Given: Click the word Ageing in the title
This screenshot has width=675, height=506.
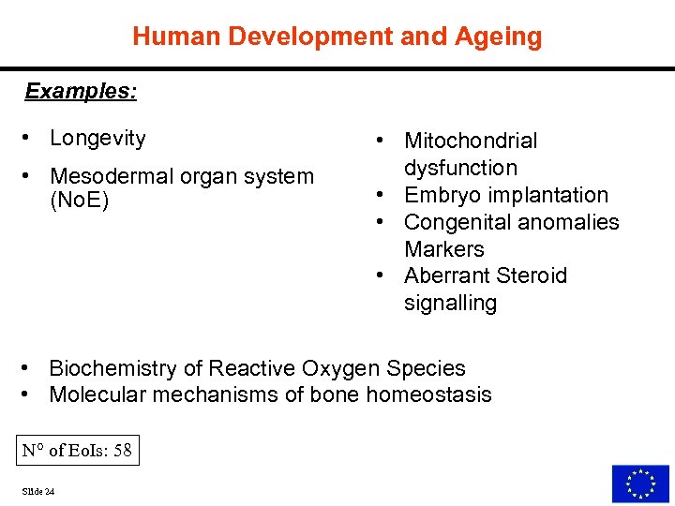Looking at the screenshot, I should point(500,37).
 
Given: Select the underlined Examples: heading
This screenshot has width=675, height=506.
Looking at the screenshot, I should point(81,91).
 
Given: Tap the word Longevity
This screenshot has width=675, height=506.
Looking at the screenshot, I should point(97,139).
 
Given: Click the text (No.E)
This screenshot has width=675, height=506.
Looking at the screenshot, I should point(79,201).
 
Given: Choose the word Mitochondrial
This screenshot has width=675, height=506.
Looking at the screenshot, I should point(471,141).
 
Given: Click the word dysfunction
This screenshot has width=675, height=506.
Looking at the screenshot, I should point(460,169).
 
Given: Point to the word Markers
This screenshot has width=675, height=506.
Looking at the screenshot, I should point(444,249).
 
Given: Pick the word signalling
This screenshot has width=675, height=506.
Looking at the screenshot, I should point(450,303).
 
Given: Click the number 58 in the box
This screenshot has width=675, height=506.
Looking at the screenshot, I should point(122,451).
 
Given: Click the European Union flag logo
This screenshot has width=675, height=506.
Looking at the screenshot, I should point(640,484).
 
